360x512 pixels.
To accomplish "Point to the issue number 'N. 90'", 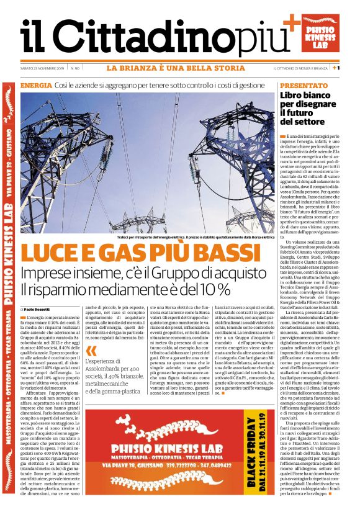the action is coord(75,68).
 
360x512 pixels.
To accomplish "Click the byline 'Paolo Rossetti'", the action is coord(38,308).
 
